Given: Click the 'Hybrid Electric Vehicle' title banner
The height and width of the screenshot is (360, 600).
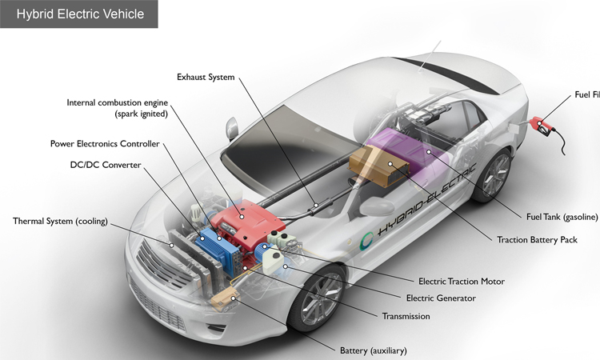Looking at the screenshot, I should pos(79,14).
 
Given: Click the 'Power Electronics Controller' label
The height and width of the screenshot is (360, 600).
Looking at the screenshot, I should pos(105,144).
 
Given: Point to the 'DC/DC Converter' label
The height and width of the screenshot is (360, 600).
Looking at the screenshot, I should pos(106,165).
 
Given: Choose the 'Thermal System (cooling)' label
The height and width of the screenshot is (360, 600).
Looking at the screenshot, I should pos(60,221).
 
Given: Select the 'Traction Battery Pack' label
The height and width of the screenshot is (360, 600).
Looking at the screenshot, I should pos(542,239).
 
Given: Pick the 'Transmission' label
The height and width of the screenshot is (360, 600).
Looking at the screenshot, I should pos(406,316).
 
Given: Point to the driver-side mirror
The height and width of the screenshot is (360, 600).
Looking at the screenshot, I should pos(233,128).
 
